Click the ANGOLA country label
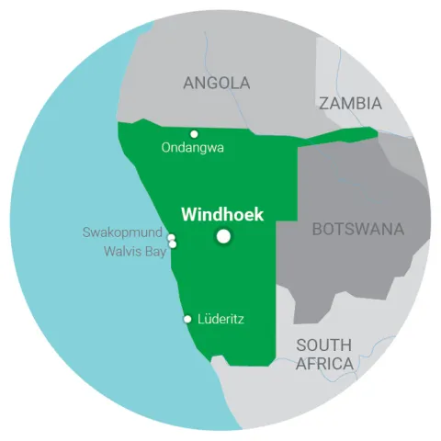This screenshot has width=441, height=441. [216, 84]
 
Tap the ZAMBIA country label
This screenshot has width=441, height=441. [350, 103]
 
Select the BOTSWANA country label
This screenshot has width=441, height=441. [358, 229]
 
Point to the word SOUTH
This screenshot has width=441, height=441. [323, 345]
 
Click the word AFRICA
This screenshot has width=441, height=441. [324, 364]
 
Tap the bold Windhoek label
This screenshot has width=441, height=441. [222, 215]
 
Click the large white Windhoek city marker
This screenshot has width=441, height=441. [223, 237]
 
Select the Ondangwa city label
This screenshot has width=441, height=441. [192, 147]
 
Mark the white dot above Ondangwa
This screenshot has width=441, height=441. [194, 133]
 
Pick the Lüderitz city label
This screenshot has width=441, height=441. [221, 319]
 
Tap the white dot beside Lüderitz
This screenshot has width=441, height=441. [188, 319]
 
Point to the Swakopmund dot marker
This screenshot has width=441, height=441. [171, 237]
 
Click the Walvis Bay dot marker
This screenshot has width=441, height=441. [173, 244]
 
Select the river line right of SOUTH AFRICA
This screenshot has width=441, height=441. [378, 348]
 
